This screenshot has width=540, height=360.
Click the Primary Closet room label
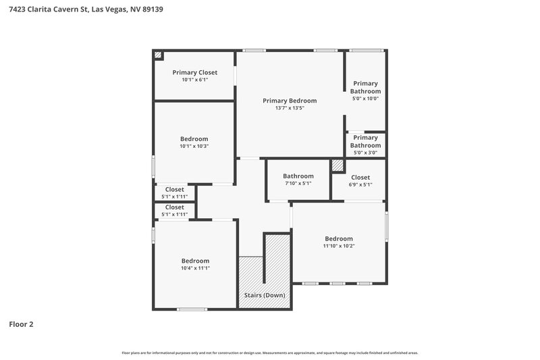coord(194,72)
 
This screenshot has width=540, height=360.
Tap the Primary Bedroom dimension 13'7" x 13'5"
coord(290,108)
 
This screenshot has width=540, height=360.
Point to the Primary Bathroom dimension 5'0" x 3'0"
coord(365,153)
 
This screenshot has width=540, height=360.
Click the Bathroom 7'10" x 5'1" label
coord(298,176)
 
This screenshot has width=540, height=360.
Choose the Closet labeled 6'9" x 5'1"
coord(360,178)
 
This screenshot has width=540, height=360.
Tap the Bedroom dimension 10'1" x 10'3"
coord(194,146)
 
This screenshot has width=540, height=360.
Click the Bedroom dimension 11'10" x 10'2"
coord(338,246)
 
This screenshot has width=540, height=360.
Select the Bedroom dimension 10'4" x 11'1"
coord(195,268)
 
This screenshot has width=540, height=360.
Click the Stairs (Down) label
coord(264,296)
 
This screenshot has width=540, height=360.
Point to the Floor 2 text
coord(21,324)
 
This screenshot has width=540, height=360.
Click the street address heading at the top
coord(85,9)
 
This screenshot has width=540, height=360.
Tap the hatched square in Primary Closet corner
coord(158,55)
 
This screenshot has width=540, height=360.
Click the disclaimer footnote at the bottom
coord(270,353)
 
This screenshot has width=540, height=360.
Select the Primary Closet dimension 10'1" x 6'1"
coord(194,80)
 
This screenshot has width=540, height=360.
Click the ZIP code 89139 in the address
coord(152,9)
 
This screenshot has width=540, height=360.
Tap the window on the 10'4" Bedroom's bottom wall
coord(192,309)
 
